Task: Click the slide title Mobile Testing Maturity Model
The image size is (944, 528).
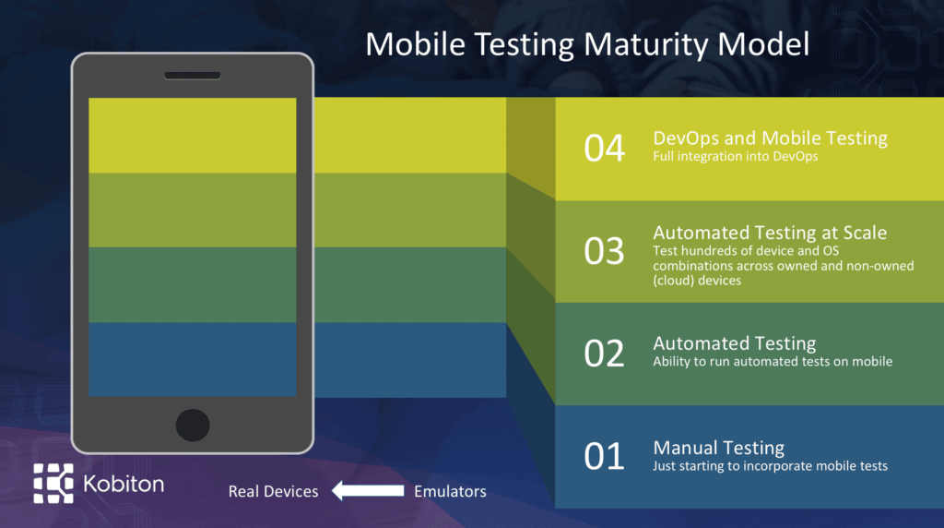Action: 588,44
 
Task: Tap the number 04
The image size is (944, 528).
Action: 605,149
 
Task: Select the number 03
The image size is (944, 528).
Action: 605,251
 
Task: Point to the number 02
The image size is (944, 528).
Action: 605,354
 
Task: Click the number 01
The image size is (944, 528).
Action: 605,456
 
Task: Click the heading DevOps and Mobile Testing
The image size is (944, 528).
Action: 770,138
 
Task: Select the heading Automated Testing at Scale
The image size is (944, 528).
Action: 770,233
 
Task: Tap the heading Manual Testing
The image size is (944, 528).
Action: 719,448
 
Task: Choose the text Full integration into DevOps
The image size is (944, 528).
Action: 735,157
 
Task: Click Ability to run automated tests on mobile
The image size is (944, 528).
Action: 773,362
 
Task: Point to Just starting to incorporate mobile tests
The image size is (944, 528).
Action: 770,466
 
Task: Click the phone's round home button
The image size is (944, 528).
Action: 193,425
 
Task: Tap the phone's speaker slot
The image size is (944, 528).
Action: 193,75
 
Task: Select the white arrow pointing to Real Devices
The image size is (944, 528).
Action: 367,491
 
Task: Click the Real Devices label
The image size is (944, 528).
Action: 273,492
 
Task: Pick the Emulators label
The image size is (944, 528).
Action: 450,491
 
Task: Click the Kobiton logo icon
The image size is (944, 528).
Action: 53,483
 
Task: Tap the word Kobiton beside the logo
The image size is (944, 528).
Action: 123,483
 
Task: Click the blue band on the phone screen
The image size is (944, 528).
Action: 193,359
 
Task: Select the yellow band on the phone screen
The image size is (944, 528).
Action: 193,135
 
